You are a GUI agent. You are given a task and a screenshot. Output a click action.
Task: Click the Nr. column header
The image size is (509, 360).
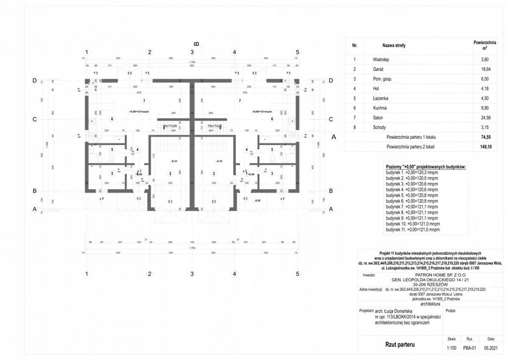[x=354, y=45]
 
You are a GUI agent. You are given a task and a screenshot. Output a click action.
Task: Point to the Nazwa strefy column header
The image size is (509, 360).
[x=394, y=45]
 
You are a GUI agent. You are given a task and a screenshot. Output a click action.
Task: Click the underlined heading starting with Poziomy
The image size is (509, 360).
[x=425, y=167]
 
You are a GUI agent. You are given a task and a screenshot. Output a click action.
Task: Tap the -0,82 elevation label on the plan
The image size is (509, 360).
[x=257, y=200]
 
